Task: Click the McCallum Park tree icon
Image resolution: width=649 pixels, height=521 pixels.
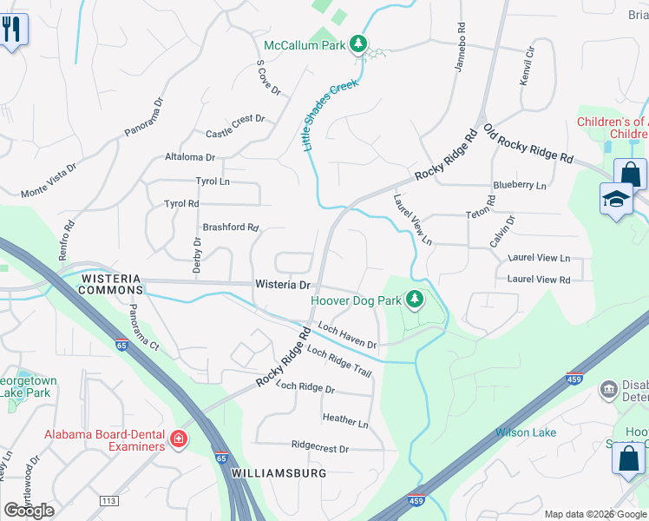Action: (357, 44)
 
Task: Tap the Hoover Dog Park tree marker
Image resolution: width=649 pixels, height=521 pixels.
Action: (415, 300)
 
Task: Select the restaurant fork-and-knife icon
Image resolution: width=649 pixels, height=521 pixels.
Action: (12, 30)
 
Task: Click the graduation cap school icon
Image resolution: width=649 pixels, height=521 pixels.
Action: (616, 200)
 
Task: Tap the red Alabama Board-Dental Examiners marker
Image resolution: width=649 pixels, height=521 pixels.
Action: (179, 439)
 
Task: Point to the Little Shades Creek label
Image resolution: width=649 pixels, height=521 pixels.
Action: (331, 117)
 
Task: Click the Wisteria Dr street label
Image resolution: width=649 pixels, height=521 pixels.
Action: (282, 285)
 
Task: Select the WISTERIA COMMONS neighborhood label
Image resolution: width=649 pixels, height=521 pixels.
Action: (110, 284)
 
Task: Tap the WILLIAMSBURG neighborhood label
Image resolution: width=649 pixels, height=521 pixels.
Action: (279, 473)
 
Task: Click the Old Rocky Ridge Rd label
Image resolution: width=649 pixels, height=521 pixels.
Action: (528, 145)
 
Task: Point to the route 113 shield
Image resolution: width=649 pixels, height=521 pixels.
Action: (108, 502)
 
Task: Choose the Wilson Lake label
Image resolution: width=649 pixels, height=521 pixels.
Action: (526, 432)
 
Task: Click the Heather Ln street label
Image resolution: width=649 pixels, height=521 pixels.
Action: (345, 420)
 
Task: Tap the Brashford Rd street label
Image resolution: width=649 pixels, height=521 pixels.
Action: (230, 228)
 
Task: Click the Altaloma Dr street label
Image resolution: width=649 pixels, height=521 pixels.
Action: (189, 157)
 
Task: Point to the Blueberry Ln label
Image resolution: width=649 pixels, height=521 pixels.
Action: (520, 185)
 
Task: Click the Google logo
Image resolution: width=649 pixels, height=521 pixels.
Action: (29, 510)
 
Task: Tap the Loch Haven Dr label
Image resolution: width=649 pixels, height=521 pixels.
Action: (347, 336)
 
